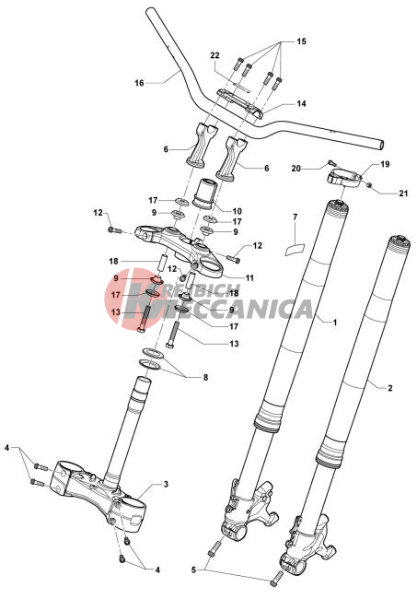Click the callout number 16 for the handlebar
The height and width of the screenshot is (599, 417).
139,83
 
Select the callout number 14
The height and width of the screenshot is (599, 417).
301,103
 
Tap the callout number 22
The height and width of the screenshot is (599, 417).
214,55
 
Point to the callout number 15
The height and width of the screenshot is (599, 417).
301,41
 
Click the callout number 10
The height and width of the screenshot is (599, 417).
237,211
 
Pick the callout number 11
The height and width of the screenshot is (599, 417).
249,277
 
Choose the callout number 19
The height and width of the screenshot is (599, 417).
385,164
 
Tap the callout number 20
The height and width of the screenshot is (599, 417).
296,168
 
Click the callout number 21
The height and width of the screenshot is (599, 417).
403,194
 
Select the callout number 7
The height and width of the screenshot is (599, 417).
295,217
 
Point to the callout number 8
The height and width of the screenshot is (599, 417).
205,378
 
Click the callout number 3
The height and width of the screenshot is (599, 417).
166,484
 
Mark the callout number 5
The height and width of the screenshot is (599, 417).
193,570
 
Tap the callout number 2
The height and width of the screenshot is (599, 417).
390,388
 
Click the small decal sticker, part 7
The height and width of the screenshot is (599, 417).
295,250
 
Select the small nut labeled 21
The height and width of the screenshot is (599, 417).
369,185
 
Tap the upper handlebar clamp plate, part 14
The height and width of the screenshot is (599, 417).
240,103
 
